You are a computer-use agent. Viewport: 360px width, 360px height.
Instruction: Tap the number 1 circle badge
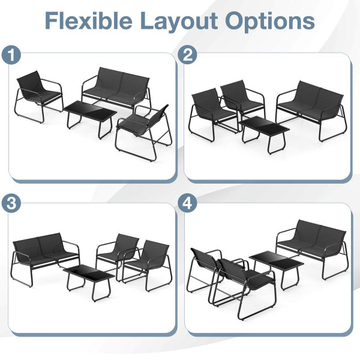pos(11,56)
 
